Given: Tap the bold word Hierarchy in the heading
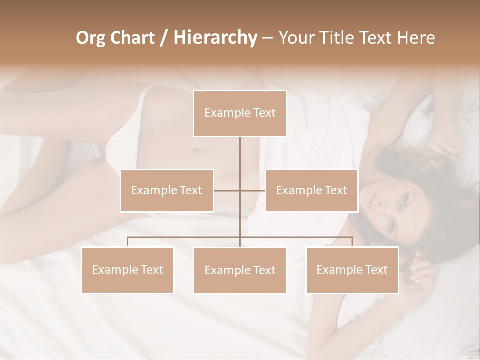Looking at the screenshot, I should (x=215, y=38).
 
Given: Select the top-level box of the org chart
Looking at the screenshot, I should (x=240, y=113).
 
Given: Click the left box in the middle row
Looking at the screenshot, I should (x=167, y=190).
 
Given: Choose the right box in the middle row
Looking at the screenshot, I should (x=311, y=190).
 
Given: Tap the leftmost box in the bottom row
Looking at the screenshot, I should (x=127, y=270).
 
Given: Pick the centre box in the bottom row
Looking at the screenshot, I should (x=240, y=270).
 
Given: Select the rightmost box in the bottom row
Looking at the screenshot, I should (x=352, y=270).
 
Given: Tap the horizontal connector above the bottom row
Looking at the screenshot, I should (x=185, y=237).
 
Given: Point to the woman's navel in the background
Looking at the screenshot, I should (x=197, y=150).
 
